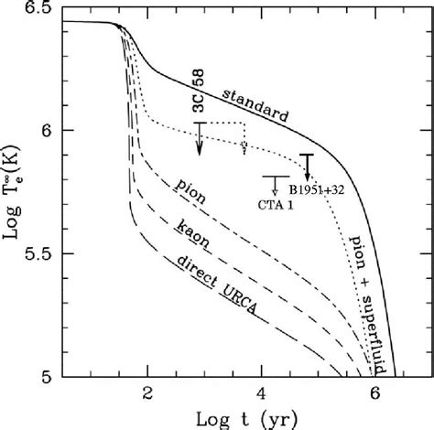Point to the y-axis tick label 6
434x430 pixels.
[56, 131]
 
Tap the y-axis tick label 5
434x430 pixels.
[56, 375]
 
